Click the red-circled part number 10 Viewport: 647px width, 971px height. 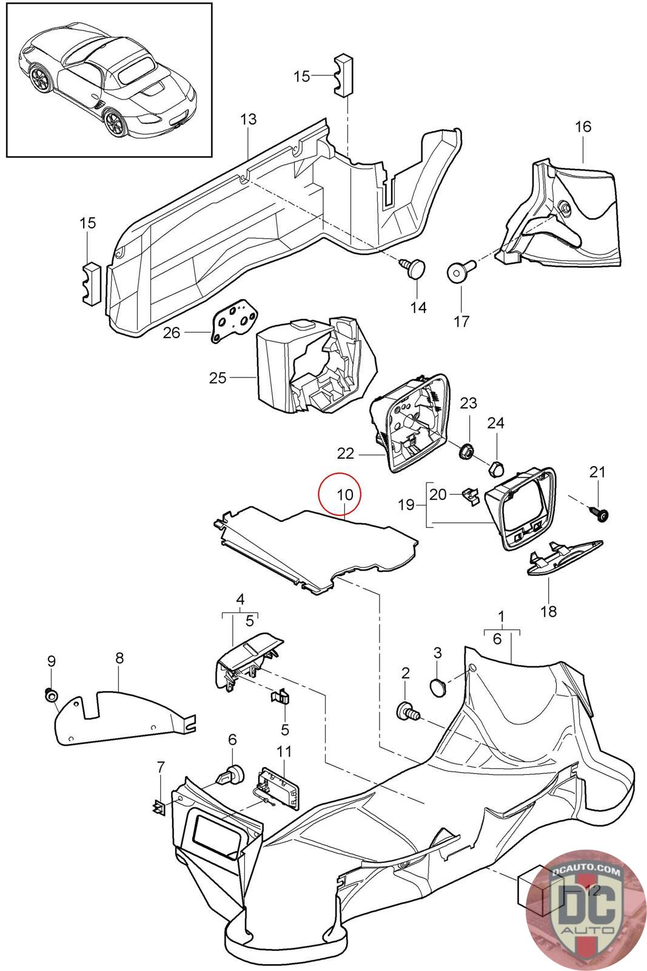(340, 494)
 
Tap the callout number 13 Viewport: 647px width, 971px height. (249, 120)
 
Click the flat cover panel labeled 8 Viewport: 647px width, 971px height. (121, 716)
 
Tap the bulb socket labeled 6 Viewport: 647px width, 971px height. (231, 775)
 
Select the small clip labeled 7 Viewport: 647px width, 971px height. (158, 807)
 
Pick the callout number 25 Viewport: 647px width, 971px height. (217, 378)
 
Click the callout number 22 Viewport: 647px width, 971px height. (345, 453)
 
